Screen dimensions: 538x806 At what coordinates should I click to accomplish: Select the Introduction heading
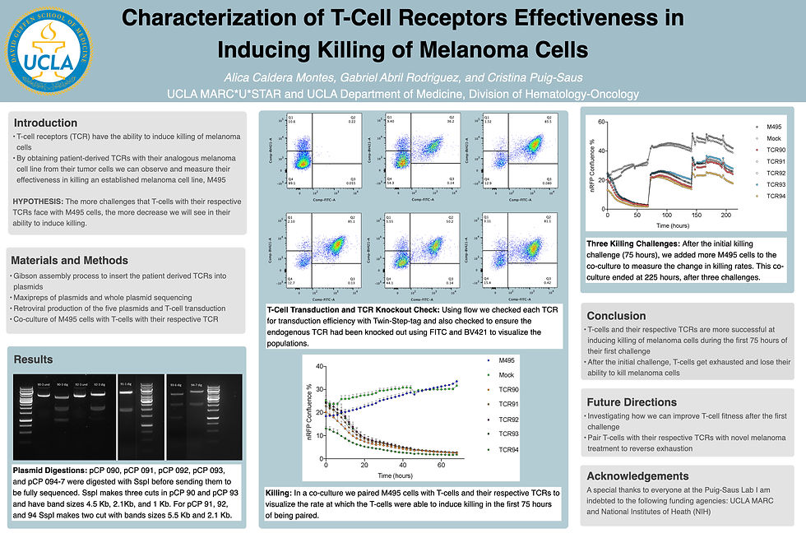45,123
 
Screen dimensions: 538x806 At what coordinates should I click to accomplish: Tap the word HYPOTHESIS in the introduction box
38,202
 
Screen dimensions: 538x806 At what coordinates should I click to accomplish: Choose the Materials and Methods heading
69,261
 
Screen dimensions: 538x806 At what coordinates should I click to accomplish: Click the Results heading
33,359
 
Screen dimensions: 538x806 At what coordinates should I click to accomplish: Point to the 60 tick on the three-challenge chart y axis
601,122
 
